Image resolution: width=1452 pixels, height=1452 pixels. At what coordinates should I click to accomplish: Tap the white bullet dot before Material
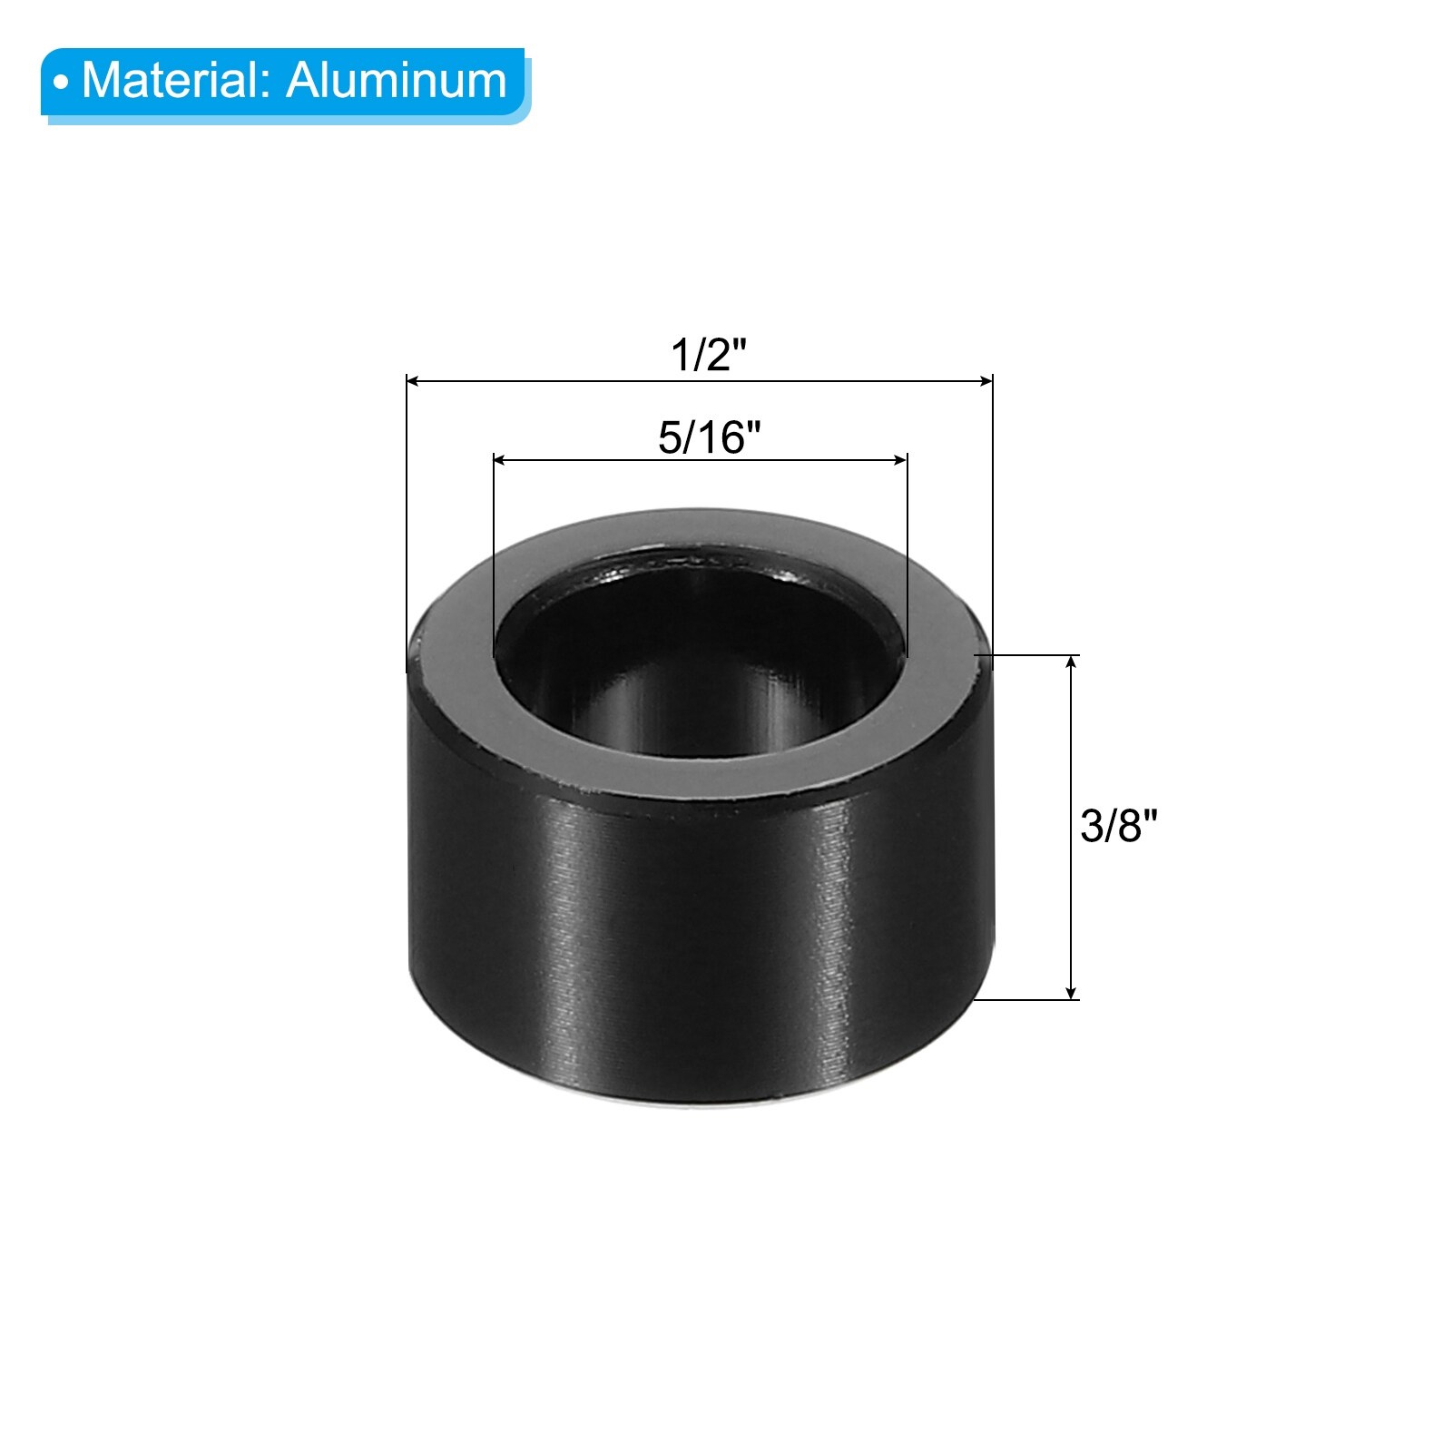point(61,83)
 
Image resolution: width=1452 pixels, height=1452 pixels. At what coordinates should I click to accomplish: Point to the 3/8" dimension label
point(1119,826)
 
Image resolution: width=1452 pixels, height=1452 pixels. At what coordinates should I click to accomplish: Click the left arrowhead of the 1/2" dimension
point(414,381)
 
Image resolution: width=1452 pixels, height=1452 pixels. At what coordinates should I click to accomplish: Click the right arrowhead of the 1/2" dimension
point(985,381)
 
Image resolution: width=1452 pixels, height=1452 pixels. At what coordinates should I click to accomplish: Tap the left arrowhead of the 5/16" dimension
point(501,460)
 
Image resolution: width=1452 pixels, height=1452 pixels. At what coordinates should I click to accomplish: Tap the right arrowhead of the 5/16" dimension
point(899,460)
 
